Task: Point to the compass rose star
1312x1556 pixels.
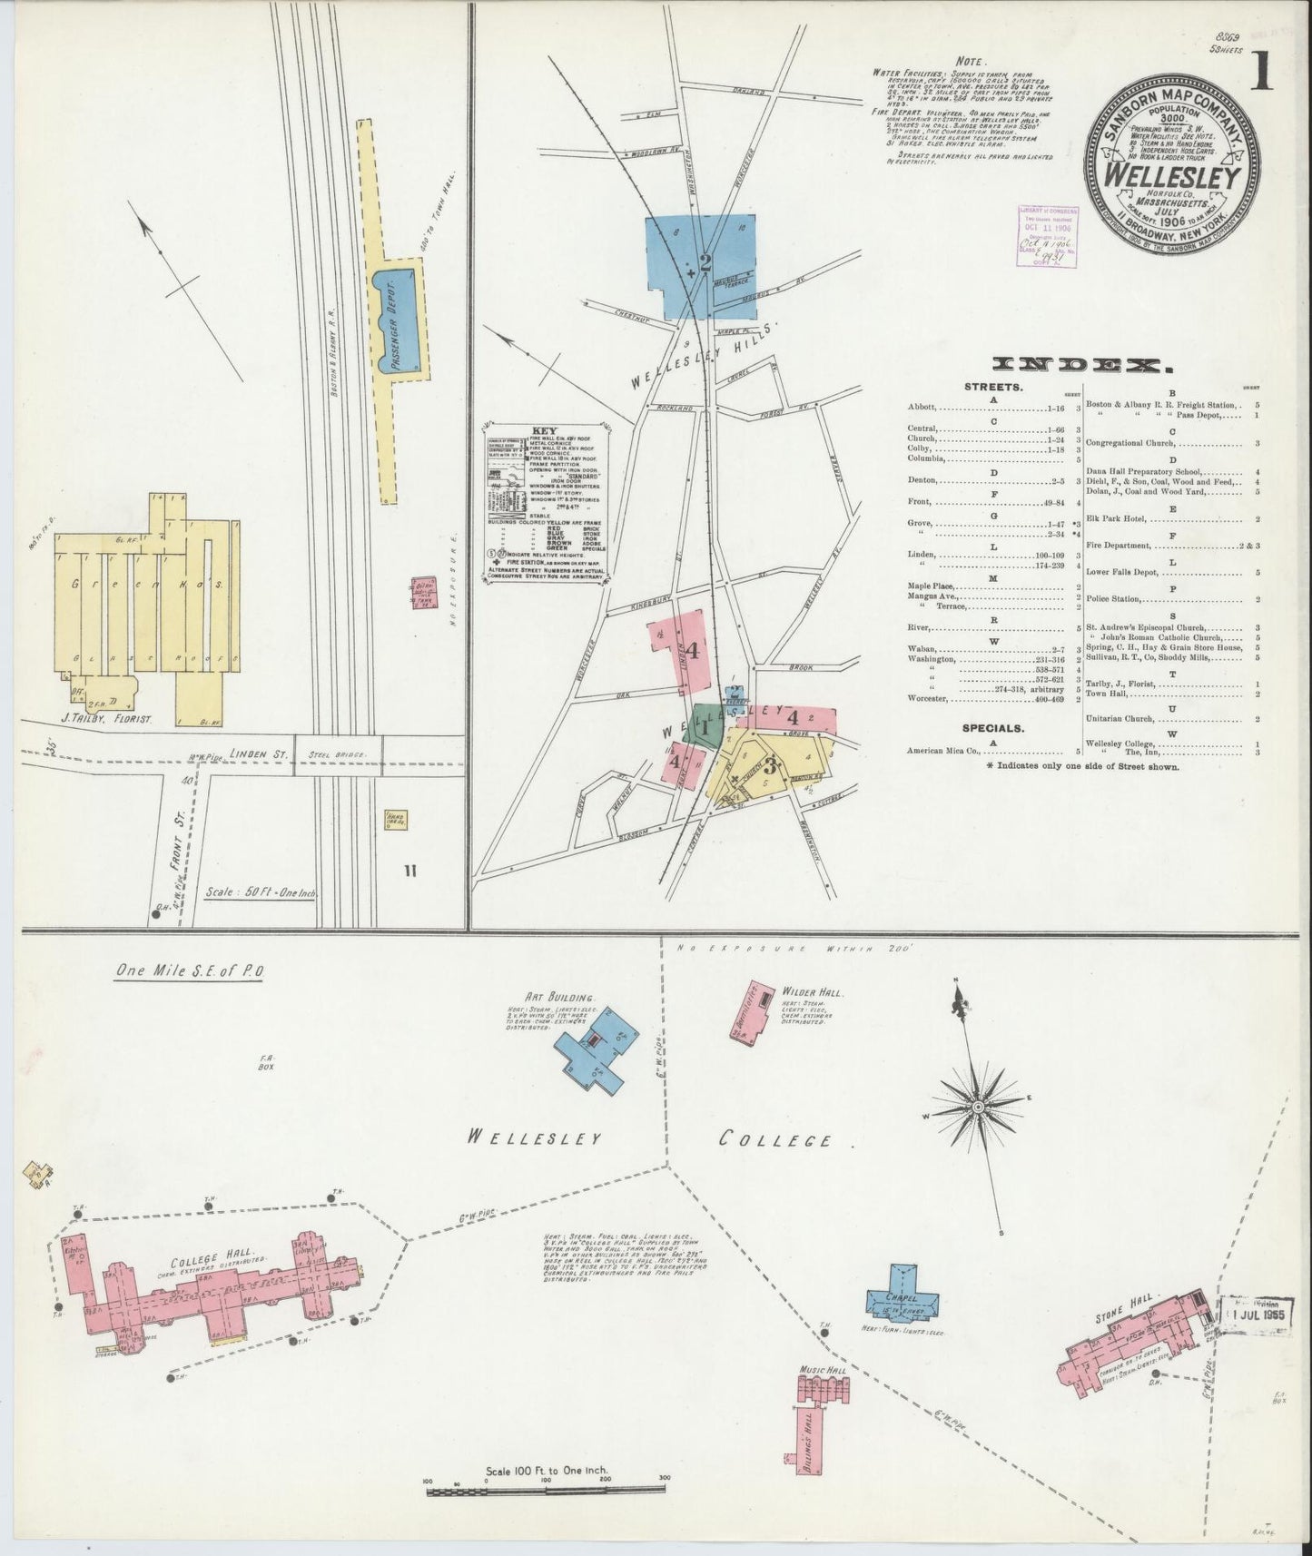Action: point(978,1108)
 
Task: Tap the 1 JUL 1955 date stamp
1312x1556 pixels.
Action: point(1253,1313)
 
